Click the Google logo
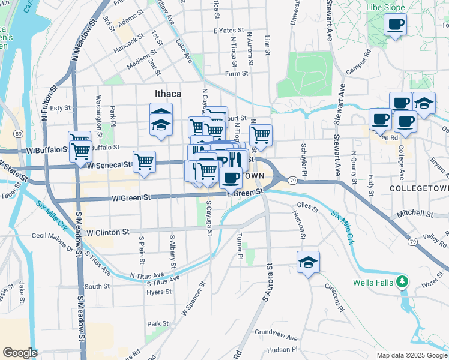(x=20, y=353)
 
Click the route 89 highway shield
(x=19, y=133)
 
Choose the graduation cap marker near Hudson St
(x=308, y=263)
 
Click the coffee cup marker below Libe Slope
(x=395, y=25)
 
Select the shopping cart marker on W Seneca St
(x=144, y=161)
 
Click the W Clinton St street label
(x=108, y=232)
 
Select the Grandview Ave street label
(x=276, y=332)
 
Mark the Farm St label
(x=237, y=73)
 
